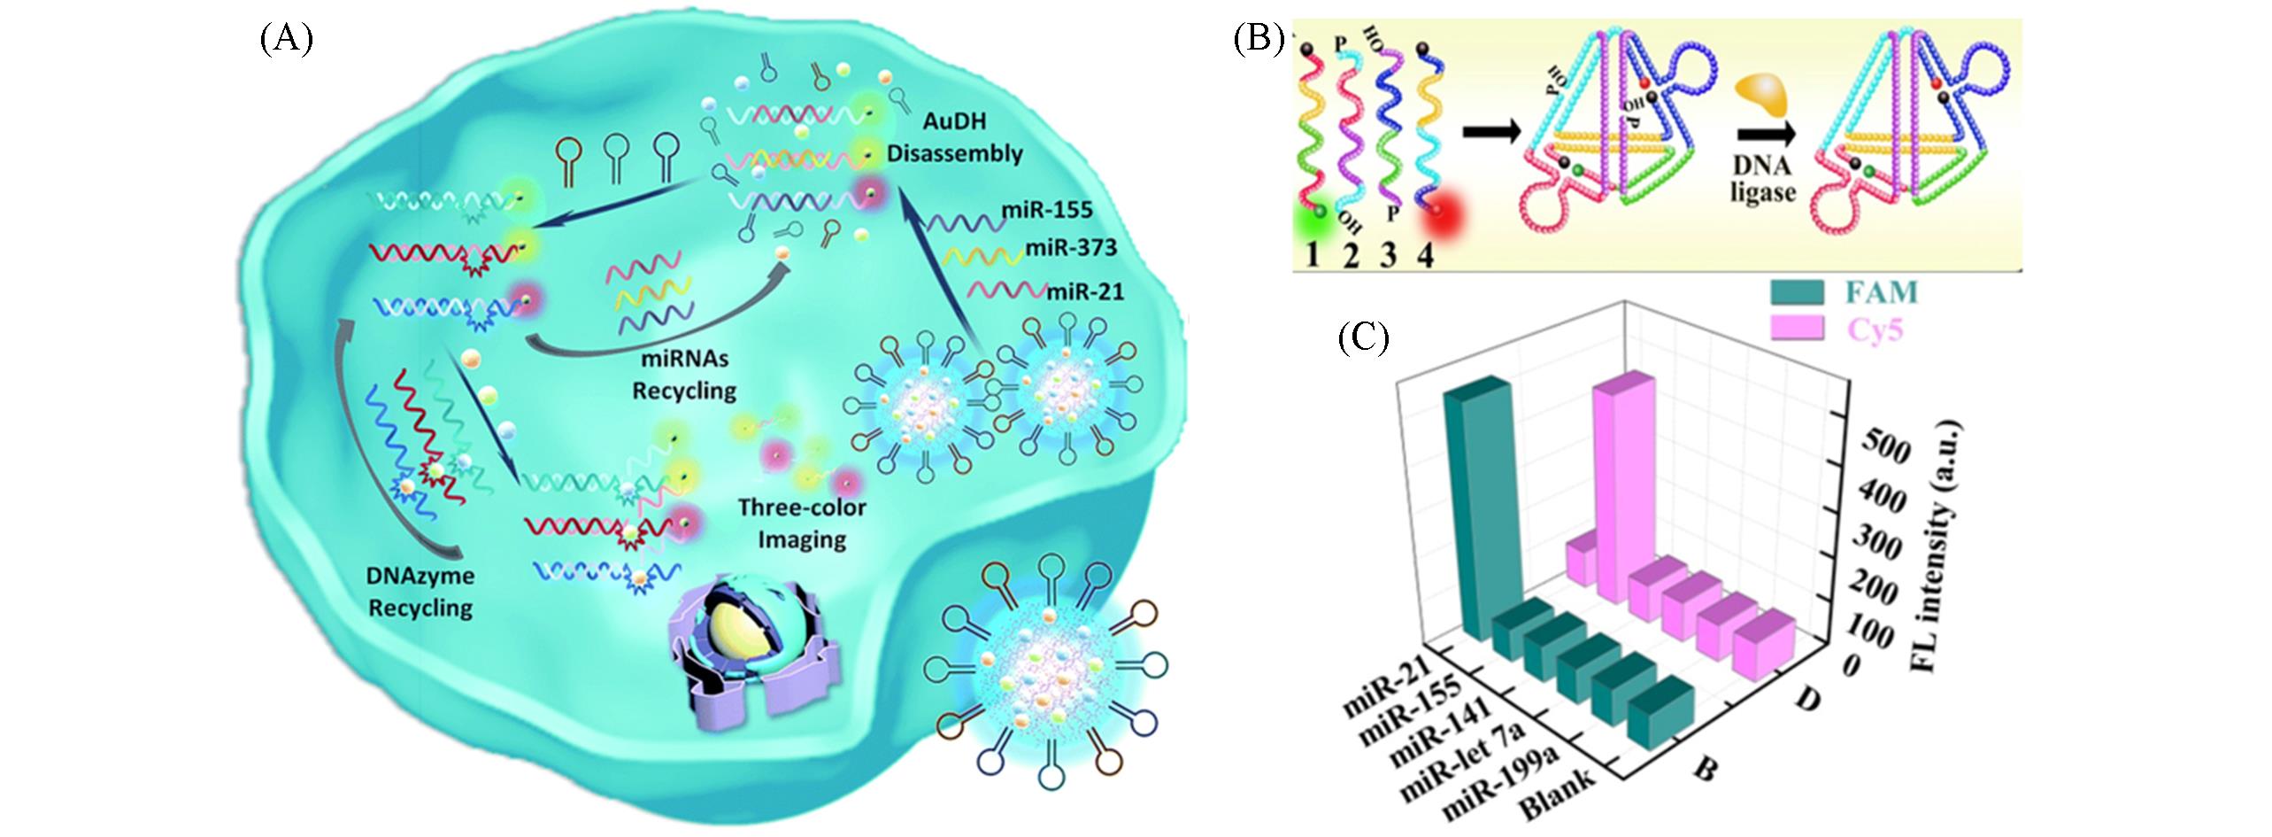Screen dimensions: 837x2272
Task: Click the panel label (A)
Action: click(286, 41)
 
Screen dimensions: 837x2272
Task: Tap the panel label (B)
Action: click(1259, 41)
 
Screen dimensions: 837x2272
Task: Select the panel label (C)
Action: click(1363, 337)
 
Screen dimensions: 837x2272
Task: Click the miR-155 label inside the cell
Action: click(1047, 211)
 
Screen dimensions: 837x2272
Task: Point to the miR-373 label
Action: click(1071, 249)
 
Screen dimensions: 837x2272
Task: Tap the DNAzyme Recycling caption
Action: click(420, 592)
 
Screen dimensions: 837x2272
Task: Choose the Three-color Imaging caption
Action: click(802, 523)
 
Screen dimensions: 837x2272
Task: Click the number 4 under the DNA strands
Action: click(1426, 256)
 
